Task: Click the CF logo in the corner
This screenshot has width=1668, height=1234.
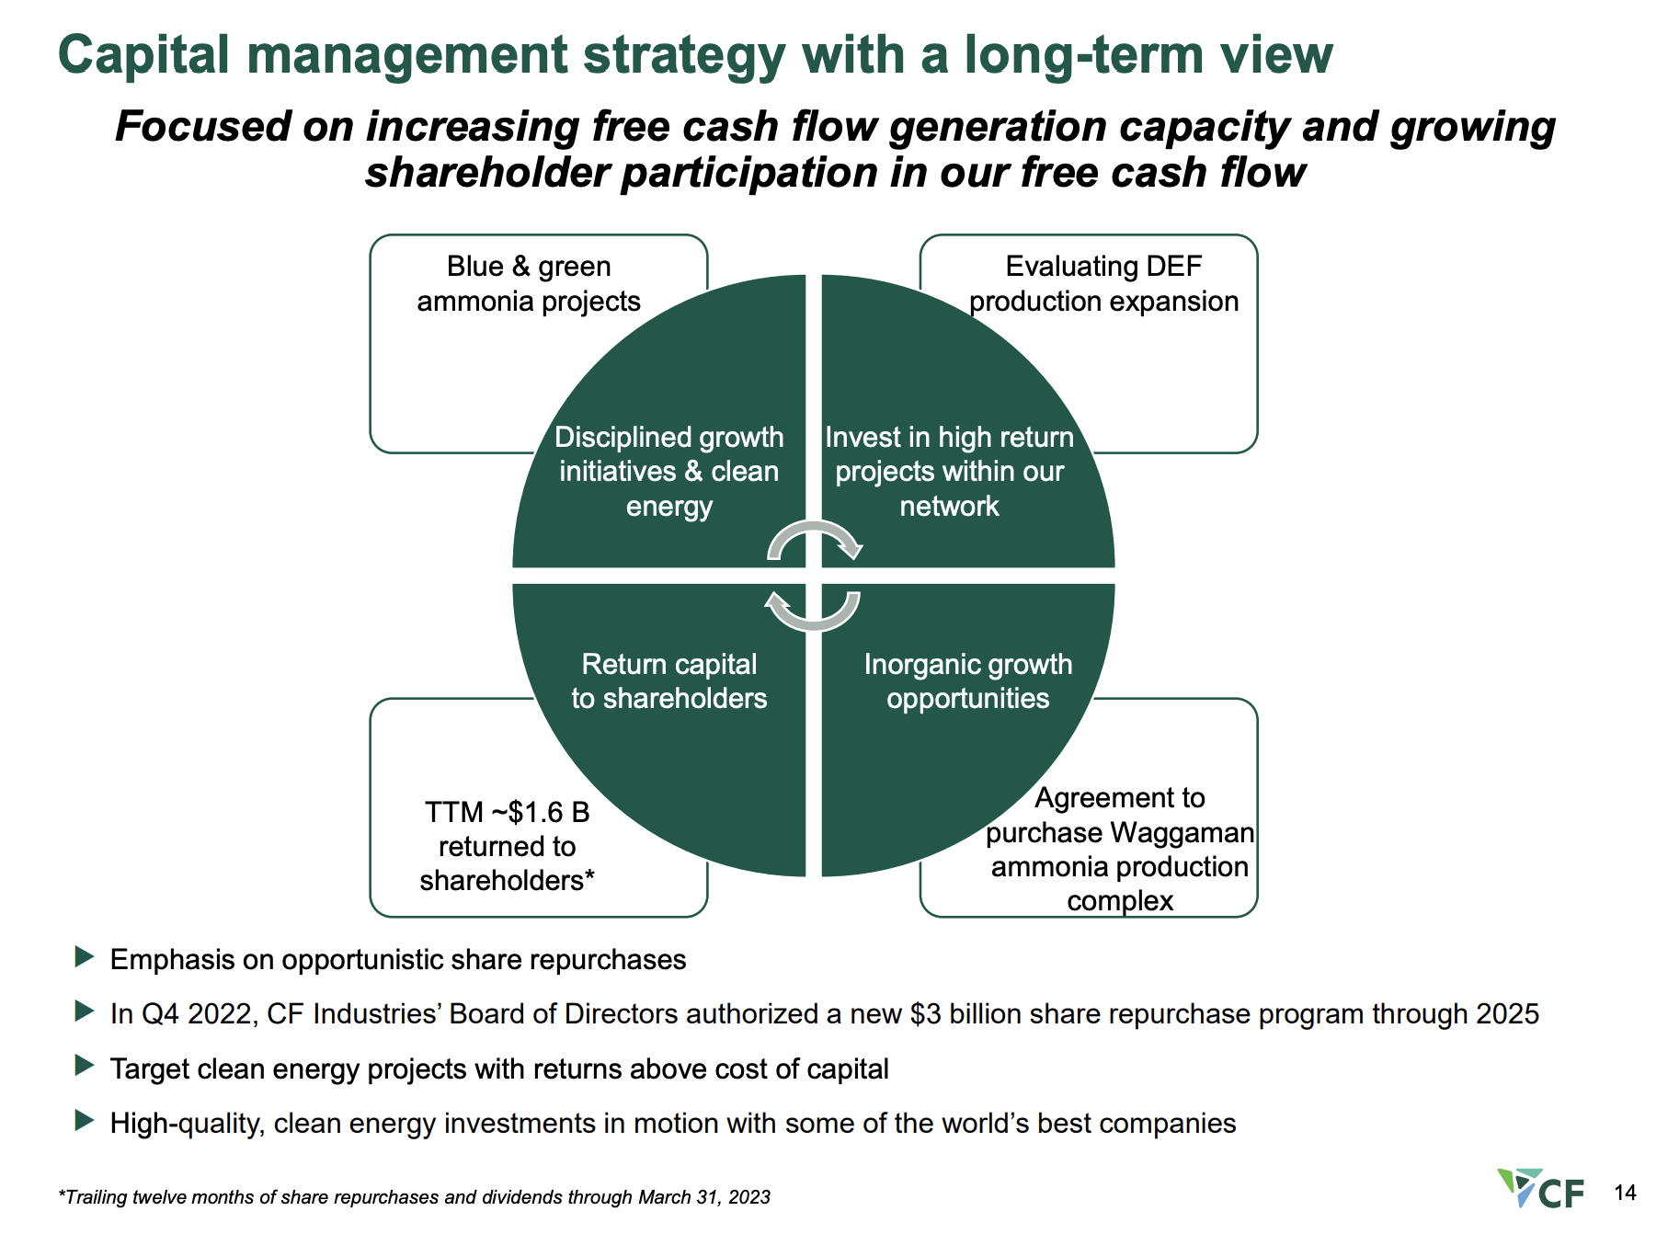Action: (x=1541, y=1188)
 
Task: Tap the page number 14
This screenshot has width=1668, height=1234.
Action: (x=1625, y=1193)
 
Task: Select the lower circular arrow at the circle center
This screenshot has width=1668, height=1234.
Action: (x=813, y=611)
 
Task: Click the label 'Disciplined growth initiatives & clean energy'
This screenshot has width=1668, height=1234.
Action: (x=668, y=472)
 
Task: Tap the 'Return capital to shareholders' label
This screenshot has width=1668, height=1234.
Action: (x=668, y=681)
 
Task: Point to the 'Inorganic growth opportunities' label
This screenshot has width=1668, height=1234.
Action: (x=967, y=681)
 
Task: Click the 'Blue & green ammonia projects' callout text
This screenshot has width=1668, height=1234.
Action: (x=529, y=283)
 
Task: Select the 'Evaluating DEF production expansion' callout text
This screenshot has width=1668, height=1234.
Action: (x=1103, y=283)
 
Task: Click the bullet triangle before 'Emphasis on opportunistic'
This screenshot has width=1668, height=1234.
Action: (x=85, y=957)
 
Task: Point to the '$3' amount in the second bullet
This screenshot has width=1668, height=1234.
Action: (x=925, y=1013)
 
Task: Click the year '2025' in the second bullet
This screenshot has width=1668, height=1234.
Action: (x=1507, y=1013)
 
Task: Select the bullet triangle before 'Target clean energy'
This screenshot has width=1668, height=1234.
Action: (x=85, y=1066)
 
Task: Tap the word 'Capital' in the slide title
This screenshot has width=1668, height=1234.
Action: (x=143, y=54)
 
